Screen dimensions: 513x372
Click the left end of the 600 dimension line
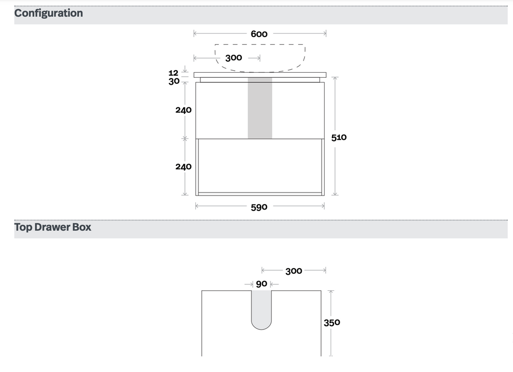tap(194, 33)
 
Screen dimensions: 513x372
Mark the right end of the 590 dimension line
tap(324, 206)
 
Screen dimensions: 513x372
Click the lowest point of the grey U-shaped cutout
tap(262, 329)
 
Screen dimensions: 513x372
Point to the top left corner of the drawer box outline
tap(201, 290)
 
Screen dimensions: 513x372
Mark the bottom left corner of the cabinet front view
tap(196, 196)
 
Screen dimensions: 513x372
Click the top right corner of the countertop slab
tap(326, 73)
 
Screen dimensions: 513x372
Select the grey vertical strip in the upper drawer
tap(260, 108)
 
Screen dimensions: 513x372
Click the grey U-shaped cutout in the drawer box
tap(262, 309)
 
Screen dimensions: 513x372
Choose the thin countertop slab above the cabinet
tap(260, 75)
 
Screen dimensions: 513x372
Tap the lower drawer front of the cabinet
tap(260, 167)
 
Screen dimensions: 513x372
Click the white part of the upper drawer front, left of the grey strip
tap(222, 110)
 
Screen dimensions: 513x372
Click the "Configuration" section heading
tap(49, 13)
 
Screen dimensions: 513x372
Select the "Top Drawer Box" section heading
tap(53, 227)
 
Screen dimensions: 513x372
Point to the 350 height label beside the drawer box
tap(332, 323)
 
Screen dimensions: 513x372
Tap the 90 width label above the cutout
tap(262, 284)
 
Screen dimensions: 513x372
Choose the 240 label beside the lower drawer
tap(183, 166)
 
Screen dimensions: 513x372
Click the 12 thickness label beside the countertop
tap(173, 73)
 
